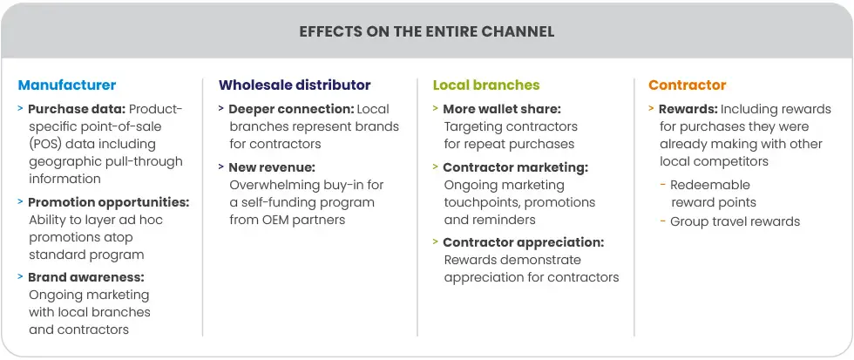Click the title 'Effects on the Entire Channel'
426,31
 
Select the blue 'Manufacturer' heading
66,85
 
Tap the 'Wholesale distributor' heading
295,85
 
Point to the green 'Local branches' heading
486,85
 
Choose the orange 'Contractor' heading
687,85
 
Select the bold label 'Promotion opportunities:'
109,202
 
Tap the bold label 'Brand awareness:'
86,277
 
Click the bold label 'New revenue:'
272,167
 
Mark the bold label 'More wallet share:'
502,110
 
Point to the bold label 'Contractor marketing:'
515,167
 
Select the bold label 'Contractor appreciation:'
523,242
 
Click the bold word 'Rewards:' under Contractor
688,110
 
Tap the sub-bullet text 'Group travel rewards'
735,221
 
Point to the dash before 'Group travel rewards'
663,221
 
